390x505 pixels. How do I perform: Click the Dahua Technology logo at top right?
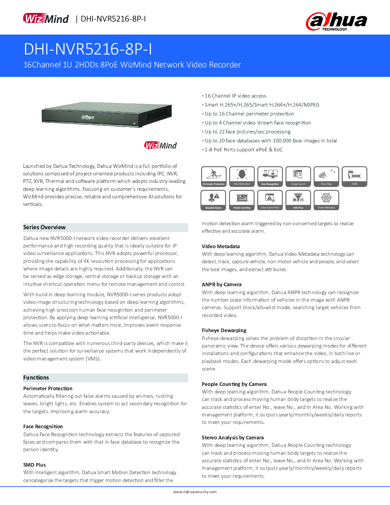pyautogui.click(x=336, y=22)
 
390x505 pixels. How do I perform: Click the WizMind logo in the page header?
pyautogui.click(x=46, y=19)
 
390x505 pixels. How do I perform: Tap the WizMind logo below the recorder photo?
pyautogui.click(x=160, y=145)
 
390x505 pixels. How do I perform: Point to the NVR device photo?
pyautogui.click(x=106, y=115)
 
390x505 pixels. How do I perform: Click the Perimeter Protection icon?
pyautogui.click(x=214, y=176)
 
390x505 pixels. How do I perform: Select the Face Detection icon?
pyautogui.click(x=242, y=176)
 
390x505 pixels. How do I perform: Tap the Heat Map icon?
pyautogui.click(x=326, y=176)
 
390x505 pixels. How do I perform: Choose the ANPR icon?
pyautogui.click(x=354, y=176)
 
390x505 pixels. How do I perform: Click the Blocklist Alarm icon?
pyautogui.click(x=214, y=200)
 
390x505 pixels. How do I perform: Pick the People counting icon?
pyautogui.click(x=242, y=200)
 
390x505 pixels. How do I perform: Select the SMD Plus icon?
pyautogui.click(x=298, y=200)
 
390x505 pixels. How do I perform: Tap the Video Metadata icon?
pyautogui.click(x=326, y=200)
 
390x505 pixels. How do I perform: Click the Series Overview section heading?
pyautogui.click(x=44, y=227)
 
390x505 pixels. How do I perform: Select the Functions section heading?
pyautogui.click(x=36, y=378)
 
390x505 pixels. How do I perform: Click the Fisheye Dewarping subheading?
pyautogui.click(x=224, y=330)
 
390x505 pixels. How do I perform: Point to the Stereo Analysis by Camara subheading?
pyautogui.click(x=233, y=438)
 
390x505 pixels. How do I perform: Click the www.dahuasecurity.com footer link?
pyautogui.click(x=195, y=492)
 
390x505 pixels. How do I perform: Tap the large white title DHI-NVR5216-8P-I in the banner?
pyautogui.click(x=88, y=49)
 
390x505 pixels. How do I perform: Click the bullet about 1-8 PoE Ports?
pyautogui.click(x=243, y=150)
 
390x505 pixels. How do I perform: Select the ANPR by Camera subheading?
pyautogui.click(x=222, y=284)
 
